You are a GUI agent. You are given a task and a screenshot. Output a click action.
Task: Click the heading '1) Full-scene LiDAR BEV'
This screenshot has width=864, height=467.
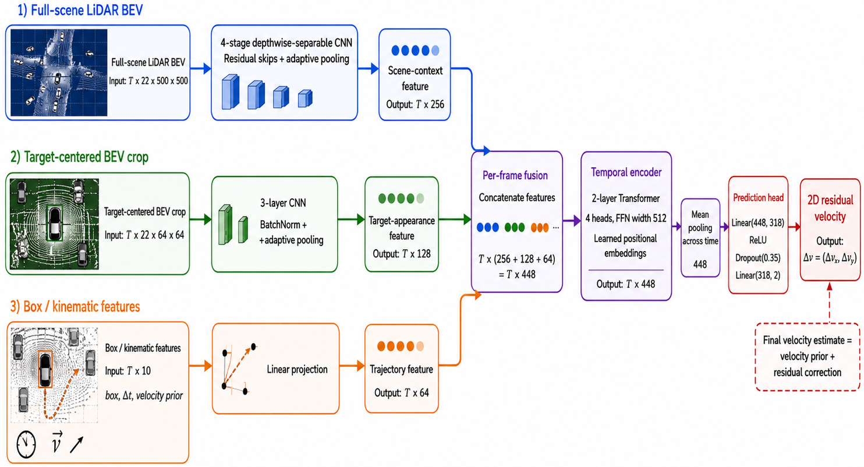(x=80, y=10)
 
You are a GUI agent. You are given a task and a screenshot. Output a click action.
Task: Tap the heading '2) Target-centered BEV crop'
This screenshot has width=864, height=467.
(x=79, y=157)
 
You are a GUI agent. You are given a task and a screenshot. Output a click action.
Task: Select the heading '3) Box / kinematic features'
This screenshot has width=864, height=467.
(x=75, y=306)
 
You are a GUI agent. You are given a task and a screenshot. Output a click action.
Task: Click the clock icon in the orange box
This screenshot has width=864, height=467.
(x=26, y=444)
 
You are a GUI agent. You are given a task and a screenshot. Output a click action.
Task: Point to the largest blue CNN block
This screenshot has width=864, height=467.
(x=231, y=92)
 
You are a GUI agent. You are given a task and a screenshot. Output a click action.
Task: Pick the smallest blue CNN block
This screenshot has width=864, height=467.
(x=305, y=98)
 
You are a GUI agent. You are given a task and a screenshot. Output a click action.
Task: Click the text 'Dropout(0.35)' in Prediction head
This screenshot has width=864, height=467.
(x=757, y=258)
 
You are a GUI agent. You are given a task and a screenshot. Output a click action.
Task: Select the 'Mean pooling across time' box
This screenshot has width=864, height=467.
(x=700, y=238)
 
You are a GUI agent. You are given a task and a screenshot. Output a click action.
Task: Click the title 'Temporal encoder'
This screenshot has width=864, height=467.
(x=626, y=172)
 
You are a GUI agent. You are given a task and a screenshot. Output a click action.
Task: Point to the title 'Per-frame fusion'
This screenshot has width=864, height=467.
(x=515, y=175)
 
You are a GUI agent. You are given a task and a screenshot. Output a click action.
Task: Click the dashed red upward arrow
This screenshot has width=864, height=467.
(x=829, y=303)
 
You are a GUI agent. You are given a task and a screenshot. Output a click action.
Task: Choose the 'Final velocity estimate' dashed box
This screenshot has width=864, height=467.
(x=808, y=357)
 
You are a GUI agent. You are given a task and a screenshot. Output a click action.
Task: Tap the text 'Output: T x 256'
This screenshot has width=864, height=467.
(x=415, y=104)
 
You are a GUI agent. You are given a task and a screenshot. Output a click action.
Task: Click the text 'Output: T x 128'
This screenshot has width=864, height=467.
(x=402, y=254)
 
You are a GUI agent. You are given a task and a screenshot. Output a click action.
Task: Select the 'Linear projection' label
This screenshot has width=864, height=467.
(x=297, y=369)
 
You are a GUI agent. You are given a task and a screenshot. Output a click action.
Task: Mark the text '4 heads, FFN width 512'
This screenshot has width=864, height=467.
(x=626, y=218)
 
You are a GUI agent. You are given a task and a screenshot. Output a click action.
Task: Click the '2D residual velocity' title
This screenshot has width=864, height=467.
(x=830, y=208)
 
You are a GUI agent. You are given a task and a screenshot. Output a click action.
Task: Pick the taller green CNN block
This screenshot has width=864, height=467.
(x=225, y=225)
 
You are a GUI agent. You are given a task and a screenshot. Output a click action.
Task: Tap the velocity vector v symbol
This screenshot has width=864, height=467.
(x=57, y=443)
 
